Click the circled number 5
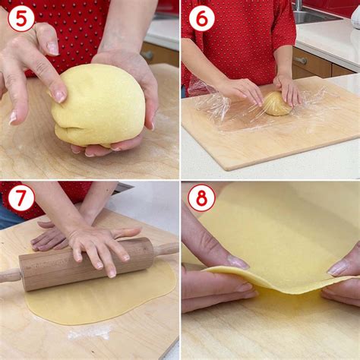pos(21,19)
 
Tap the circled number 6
pos(202,18)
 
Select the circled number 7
pos(21,197)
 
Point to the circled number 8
pos(202,197)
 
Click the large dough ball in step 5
pos(99,105)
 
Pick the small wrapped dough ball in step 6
pos(276,104)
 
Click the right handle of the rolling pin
pos(166,249)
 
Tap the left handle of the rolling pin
pos(10,276)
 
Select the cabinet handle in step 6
pos(300,61)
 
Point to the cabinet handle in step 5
pos(147,55)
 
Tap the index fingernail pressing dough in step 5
pos(60,96)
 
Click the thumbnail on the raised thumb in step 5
pos(52,49)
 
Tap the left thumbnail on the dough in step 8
pos(238,262)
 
